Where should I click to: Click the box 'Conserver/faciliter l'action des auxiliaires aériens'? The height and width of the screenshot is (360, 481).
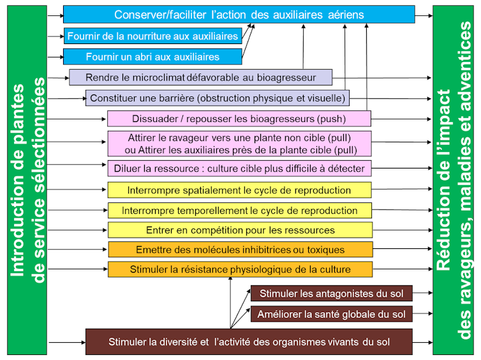(x=239, y=14)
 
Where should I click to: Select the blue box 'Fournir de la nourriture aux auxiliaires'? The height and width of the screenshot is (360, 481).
(x=153, y=36)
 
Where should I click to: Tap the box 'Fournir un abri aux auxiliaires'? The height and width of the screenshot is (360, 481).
(x=153, y=57)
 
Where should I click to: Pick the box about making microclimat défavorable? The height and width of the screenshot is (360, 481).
(x=201, y=78)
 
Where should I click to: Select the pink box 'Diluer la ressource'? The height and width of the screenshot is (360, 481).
(x=239, y=169)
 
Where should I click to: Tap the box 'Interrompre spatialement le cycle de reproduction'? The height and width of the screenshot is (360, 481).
(x=239, y=190)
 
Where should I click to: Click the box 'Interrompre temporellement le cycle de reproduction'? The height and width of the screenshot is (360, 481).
(x=239, y=211)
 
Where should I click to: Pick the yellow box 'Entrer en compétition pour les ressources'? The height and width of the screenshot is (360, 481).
(x=239, y=230)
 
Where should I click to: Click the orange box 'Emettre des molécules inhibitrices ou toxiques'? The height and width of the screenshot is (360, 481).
(x=240, y=250)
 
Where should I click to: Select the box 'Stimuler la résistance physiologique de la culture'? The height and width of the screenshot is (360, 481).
(x=240, y=269)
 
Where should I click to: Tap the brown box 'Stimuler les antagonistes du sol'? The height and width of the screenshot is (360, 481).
(x=331, y=294)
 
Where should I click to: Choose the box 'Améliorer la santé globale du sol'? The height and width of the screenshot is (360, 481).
(x=331, y=314)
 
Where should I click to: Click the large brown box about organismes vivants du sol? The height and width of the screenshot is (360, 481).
(x=249, y=342)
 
